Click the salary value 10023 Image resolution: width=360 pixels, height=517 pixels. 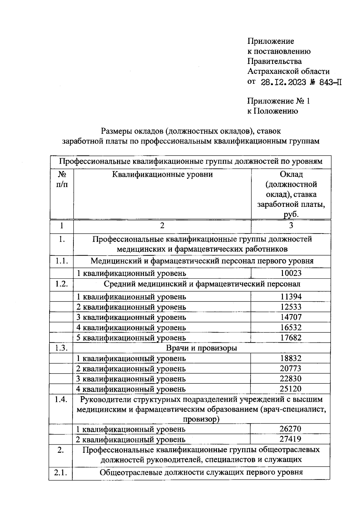[291, 273]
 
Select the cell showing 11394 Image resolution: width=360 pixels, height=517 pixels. [291, 297]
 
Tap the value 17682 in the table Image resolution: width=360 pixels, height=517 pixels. [291, 337]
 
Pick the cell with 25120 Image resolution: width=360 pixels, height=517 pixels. [291, 389]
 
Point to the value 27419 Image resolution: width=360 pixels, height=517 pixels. [291, 439]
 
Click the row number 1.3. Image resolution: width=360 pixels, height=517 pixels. [61, 348]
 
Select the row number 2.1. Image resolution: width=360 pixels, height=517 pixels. [61, 472]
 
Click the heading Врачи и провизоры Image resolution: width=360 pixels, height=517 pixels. [201, 348]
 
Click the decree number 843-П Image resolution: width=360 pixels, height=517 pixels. [330, 82]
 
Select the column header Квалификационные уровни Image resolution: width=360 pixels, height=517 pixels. [162, 174]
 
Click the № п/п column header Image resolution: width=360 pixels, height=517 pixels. [61, 179]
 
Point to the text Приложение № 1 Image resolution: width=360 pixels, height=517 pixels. [278, 101]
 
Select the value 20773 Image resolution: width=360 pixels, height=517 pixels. [291, 368]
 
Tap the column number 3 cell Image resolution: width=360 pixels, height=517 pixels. [291, 225]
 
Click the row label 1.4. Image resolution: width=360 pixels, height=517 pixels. [61, 400]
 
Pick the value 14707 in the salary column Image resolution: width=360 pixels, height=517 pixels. [291, 317]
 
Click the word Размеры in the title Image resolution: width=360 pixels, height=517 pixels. [116, 131]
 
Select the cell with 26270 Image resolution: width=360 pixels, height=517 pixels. [291, 429]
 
